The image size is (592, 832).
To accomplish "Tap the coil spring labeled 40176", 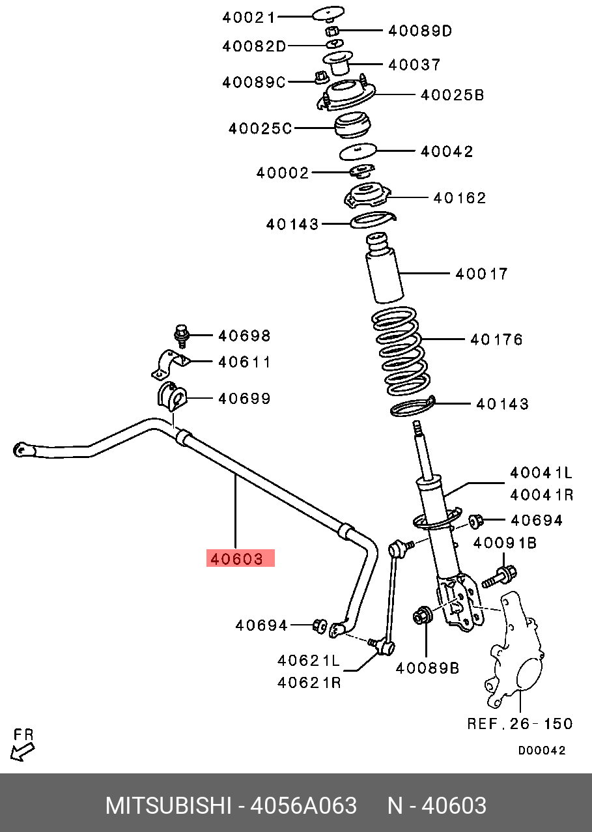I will point(398,352).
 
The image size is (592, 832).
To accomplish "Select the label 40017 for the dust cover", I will point(481,274).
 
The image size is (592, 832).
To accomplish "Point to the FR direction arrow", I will point(23,749).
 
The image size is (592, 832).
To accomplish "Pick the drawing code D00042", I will point(542,751).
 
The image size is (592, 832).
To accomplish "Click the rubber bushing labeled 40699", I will point(171,397).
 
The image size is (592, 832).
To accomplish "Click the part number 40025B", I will point(452,95).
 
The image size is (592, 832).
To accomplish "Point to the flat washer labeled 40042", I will point(358,151).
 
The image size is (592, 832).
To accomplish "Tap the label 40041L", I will point(541,472).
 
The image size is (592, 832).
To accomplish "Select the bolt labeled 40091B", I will point(501,575).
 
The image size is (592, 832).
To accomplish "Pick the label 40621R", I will point(309,683).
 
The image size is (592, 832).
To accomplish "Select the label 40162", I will point(460,198).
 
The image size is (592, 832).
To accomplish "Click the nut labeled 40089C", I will point(319,78).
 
